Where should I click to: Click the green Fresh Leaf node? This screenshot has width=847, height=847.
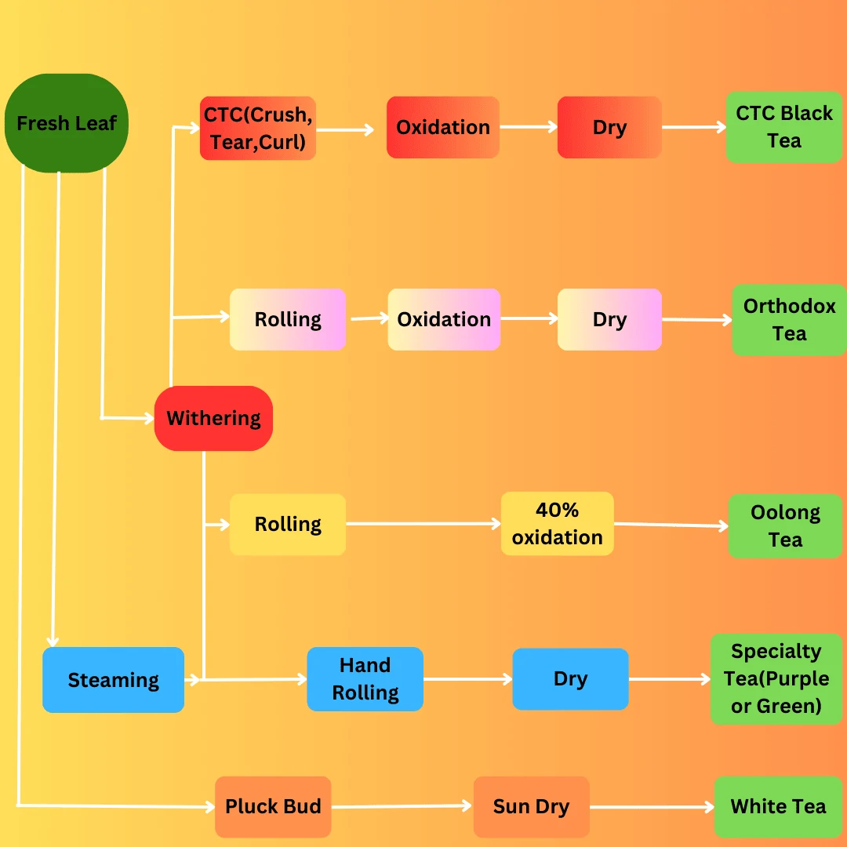click(67, 123)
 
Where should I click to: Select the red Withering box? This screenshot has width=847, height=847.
click(213, 418)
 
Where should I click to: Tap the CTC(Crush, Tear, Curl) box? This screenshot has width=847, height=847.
click(258, 128)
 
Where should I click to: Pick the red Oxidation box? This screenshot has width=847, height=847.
click(443, 128)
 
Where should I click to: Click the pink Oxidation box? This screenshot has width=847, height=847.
click(444, 319)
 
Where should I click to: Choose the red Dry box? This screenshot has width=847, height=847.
click(609, 128)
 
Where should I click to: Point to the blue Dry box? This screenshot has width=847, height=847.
click(570, 679)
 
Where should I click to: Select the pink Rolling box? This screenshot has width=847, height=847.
click(287, 319)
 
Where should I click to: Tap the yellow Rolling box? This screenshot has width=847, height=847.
click(287, 524)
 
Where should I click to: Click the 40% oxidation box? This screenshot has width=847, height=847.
click(557, 523)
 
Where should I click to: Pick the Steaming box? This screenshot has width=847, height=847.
click(114, 679)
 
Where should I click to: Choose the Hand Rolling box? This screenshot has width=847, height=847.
click(365, 679)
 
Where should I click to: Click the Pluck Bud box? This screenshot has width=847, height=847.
click(273, 806)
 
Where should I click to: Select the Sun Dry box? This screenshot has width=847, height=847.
click(532, 806)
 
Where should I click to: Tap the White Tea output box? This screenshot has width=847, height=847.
click(779, 806)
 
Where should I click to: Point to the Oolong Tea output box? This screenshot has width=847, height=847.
click(785, 525)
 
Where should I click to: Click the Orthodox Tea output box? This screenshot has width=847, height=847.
click(789, 320)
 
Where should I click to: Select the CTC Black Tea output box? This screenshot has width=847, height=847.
click(784, 127)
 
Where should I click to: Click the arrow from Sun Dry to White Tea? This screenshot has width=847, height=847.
click(652, 807)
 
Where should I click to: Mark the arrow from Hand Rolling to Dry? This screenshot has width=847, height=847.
click(467, 679)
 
